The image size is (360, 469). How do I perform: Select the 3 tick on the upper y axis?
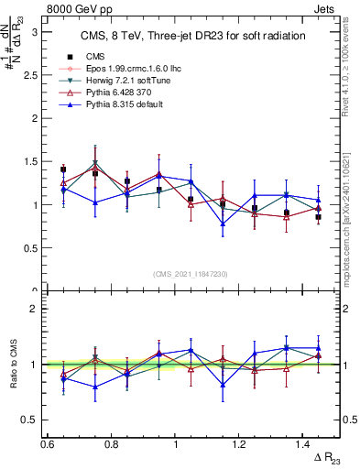[40, 31]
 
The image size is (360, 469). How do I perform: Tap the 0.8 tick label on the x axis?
[110, 444]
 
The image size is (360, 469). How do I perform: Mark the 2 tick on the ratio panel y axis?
[40, 309]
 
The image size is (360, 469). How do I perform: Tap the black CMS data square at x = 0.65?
[63, 169]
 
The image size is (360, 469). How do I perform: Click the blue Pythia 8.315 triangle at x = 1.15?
[223, 224]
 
